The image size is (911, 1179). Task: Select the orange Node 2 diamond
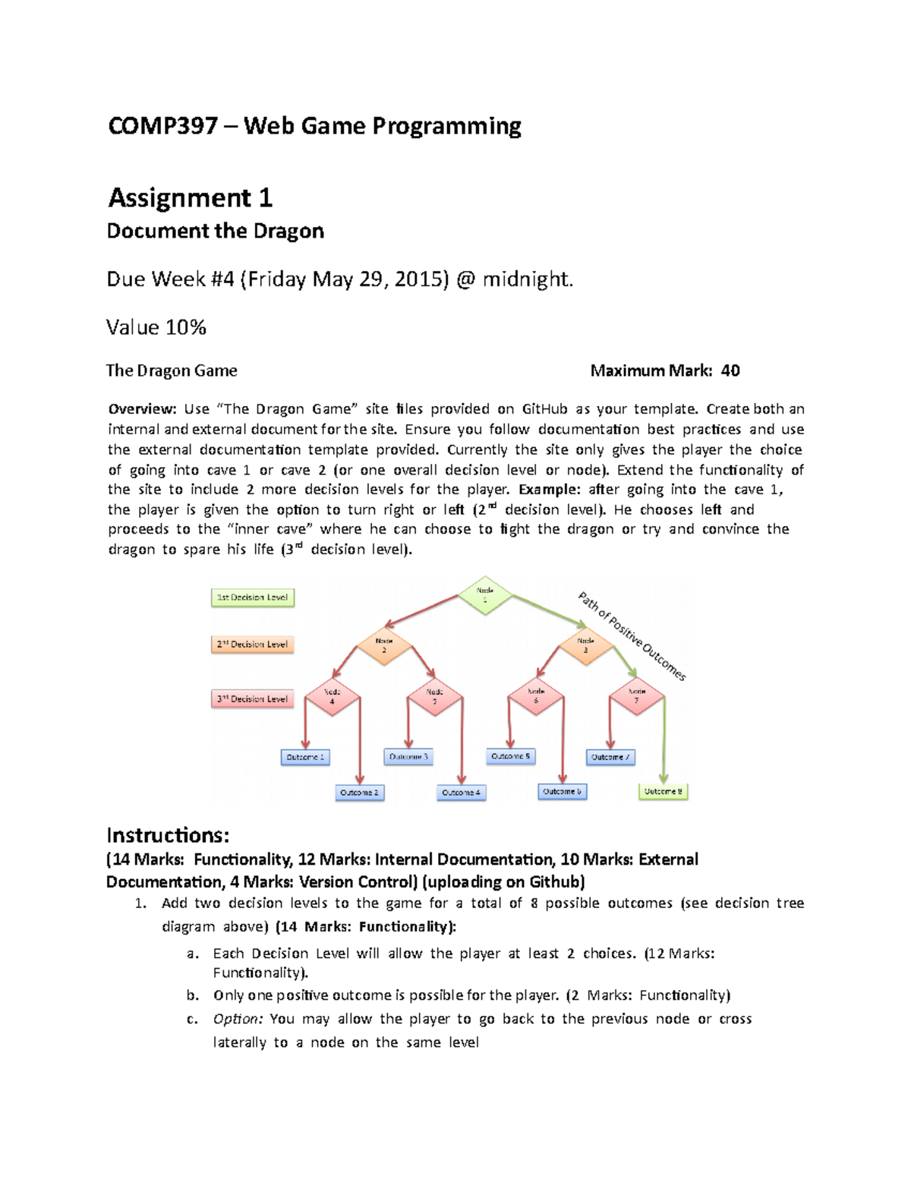point(384,646)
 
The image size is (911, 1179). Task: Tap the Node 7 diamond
point(636,696)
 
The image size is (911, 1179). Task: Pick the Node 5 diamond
point(434,696)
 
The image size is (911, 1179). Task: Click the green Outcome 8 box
point(663,792)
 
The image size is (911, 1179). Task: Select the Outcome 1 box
point(305,757)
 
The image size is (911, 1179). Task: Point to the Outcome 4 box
point(461,793)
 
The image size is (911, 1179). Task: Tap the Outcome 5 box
point(510,756)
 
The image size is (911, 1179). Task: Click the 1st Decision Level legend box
point(252,597)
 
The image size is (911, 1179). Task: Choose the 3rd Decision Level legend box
point(252,698)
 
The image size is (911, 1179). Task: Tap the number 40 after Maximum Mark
point(730,370)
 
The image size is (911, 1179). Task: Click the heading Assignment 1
point(190,198)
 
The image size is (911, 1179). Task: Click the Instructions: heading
point(167,835)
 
